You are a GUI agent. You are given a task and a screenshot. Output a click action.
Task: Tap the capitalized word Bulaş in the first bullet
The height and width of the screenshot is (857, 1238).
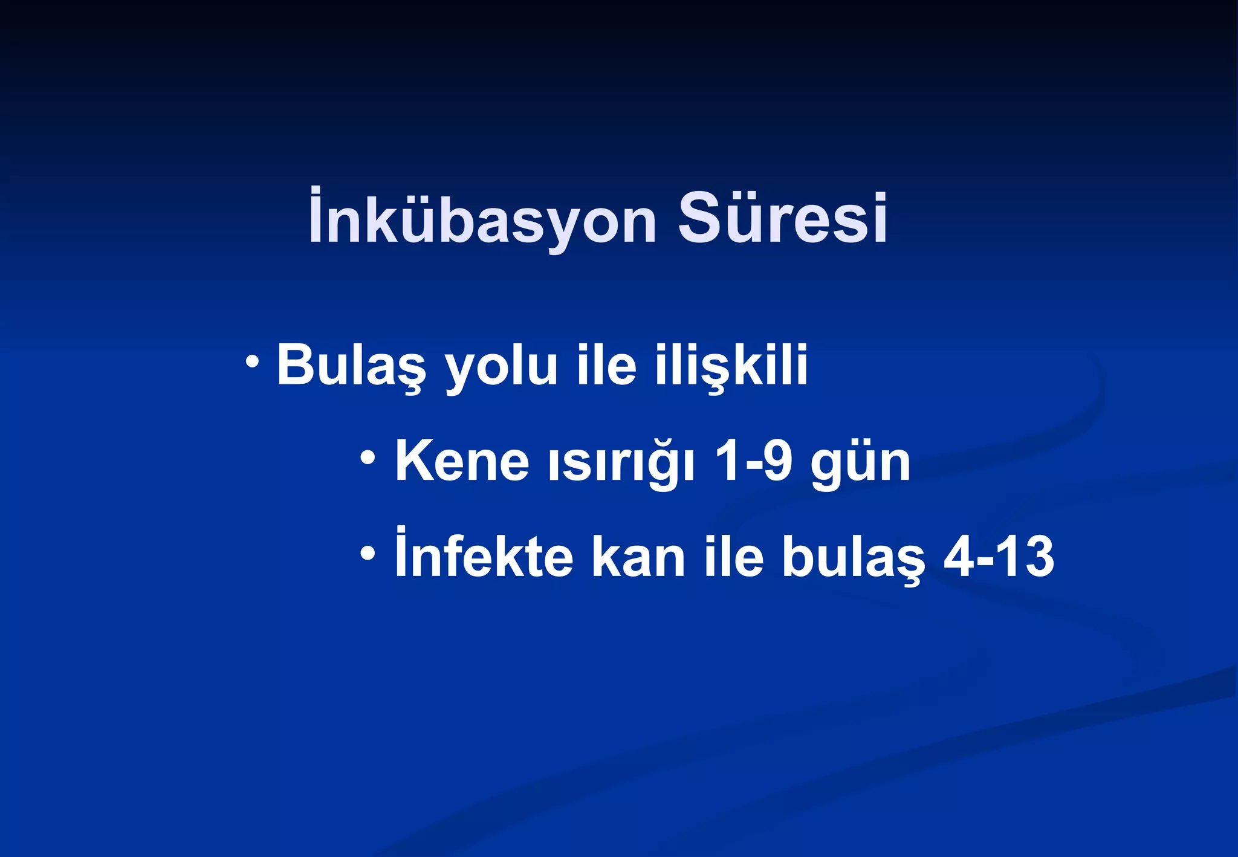[x=351, y=366]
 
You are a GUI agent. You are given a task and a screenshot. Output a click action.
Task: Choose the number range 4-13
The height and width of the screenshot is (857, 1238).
[x=999, y=556]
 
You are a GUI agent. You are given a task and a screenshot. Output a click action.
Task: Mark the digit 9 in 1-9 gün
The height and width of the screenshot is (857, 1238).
[x=777, y=461]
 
